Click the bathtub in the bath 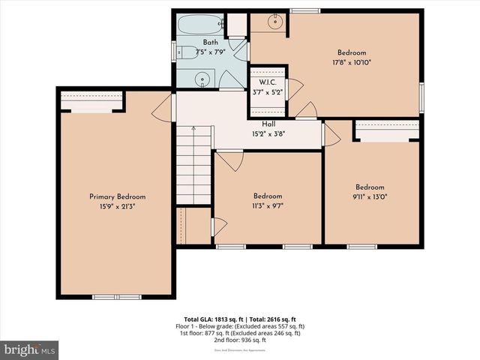coord(200,23)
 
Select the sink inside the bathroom coord(201,79)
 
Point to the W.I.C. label coord(268,82)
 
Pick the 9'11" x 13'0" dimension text coord(370,197)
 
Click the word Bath coord(210,43)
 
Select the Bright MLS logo coord(30,349)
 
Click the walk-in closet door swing coord(295,88)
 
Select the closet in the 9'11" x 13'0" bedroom coord(386,130)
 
